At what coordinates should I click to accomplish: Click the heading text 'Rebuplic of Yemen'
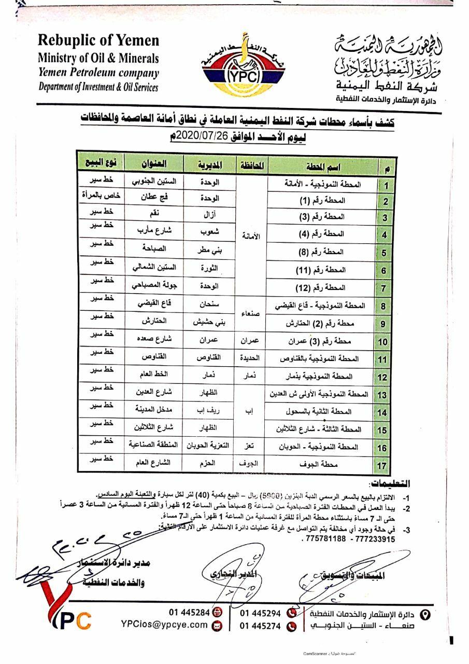(x=98, y=40)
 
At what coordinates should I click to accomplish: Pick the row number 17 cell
(x=382, y=465)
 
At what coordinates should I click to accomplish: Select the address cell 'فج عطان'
(x=154, y=199)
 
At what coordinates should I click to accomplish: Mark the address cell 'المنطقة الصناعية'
(x=153, y=445)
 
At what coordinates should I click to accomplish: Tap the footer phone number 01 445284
(x=189, y=612)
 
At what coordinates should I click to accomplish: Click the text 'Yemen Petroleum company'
(x=98, y=73)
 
